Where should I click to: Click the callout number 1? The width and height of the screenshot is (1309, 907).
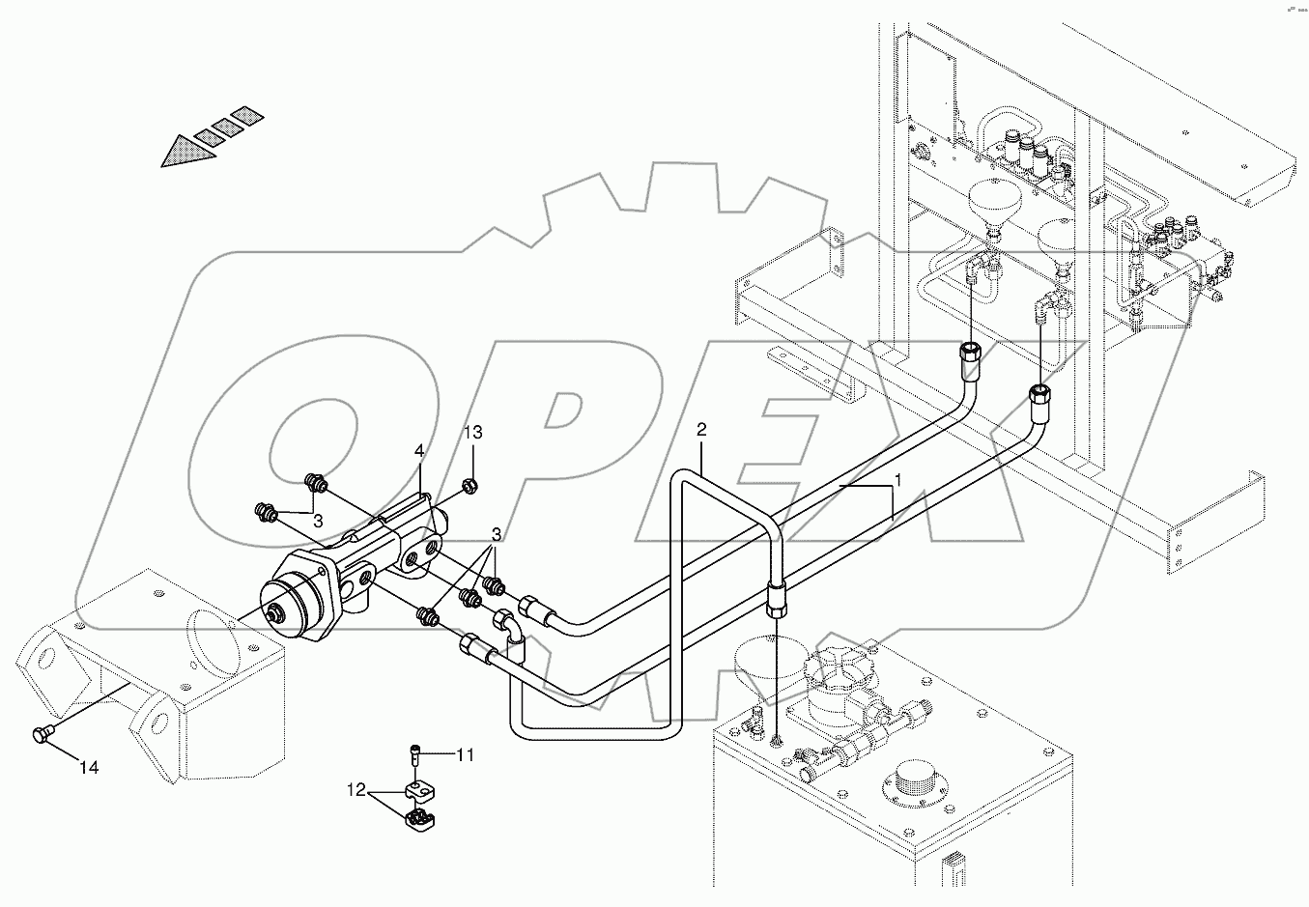click(896, 479)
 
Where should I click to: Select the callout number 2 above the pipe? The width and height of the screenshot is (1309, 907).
click(701, 429)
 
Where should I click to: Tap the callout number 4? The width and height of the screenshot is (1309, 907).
click(419, 451)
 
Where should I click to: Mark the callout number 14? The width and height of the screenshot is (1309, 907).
click(89, 768)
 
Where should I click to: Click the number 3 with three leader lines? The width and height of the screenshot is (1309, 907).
click(496, 534)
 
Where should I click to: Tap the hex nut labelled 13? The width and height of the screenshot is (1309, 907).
click(468, 484)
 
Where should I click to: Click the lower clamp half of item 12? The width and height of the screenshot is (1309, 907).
click(419, 822)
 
